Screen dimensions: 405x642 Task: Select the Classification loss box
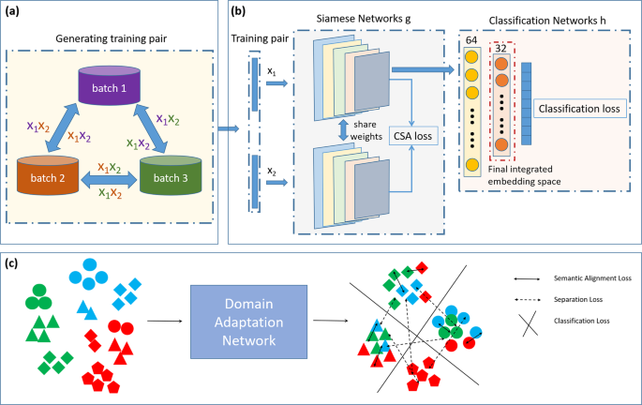(579, 109)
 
